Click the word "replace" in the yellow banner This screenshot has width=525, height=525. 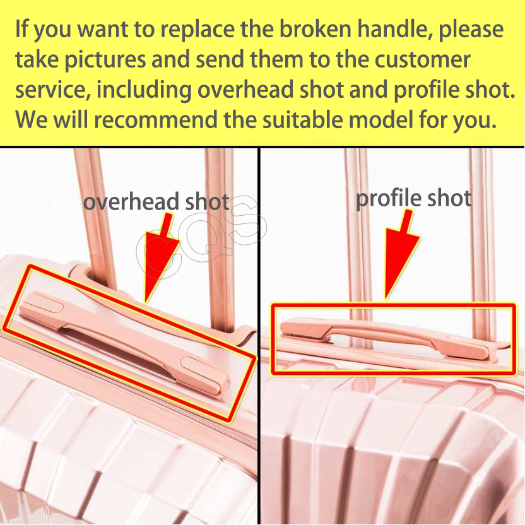click(198, 30)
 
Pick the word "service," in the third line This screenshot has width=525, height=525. click(53, 90)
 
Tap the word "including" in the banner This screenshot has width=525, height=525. click(144, 90)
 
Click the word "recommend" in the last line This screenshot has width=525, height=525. click(155, 119)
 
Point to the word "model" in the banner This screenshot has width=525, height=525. click(380, 119)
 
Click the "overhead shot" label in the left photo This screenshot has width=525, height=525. click(156, 201)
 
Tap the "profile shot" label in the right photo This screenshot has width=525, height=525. click(413, 199)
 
